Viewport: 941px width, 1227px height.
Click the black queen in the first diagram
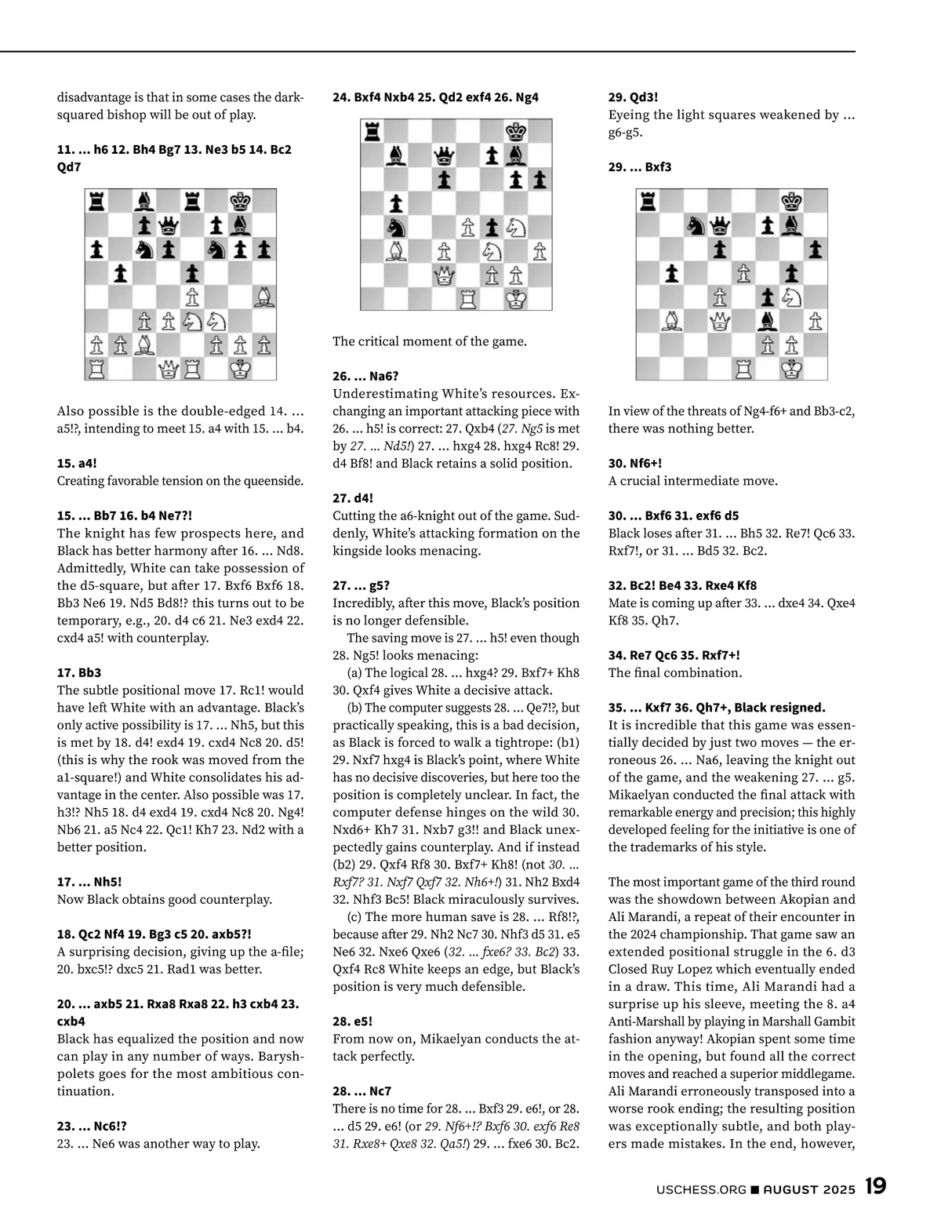(169, 226)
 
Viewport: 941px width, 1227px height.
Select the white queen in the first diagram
(169, 368)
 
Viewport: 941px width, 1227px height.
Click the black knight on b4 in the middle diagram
(396, 228)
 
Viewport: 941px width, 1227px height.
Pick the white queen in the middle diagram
(444, 275)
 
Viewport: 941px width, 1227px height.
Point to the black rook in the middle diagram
(372, 132)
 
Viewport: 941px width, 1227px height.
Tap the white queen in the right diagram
(720, 320)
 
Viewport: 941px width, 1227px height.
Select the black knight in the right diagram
(696, 225)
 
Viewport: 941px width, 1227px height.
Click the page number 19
(875, 1185)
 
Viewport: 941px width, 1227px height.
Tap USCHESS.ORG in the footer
(701, 1189)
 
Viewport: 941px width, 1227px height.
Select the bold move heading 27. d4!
(353, 497)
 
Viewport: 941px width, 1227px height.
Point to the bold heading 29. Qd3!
(633, 97)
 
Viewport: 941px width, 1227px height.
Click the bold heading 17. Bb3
(79, 672)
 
